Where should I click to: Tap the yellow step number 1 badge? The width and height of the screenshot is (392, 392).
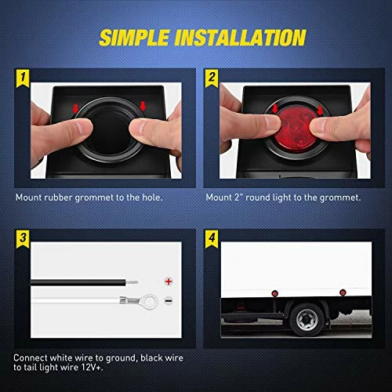point(24,78)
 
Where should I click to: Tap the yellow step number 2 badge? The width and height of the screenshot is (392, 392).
point(212,78)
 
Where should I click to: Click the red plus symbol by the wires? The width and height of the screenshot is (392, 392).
point(167,279)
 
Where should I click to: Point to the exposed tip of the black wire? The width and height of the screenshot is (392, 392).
point(134,280)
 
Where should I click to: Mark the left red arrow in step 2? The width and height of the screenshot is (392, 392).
point(275,107)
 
